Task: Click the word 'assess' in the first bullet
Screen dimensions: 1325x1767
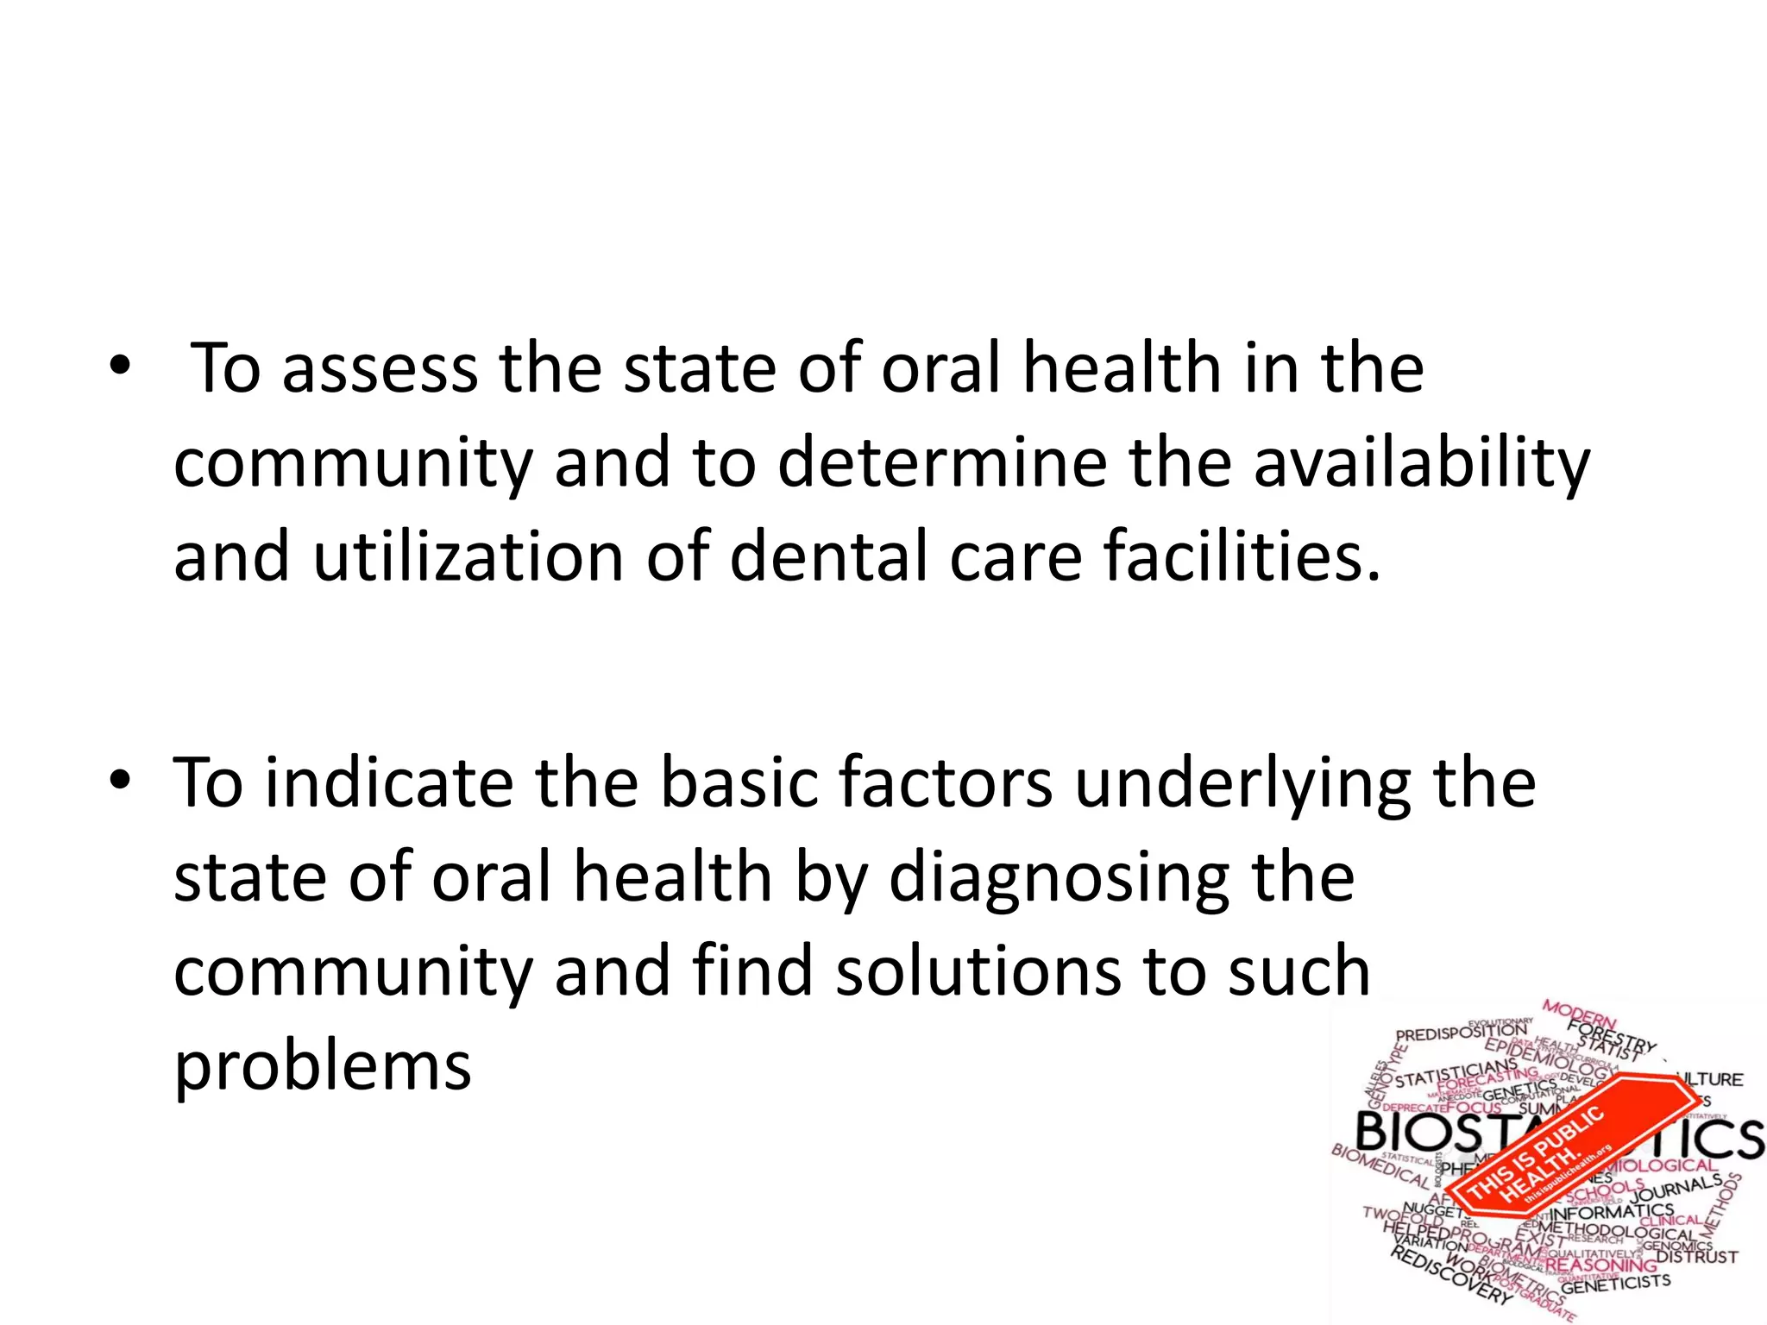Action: (x=380, y=369)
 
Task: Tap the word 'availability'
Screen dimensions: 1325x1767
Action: (x=1421, y=464)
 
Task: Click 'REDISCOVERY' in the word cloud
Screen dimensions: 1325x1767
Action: (x=1450, y=1276)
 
